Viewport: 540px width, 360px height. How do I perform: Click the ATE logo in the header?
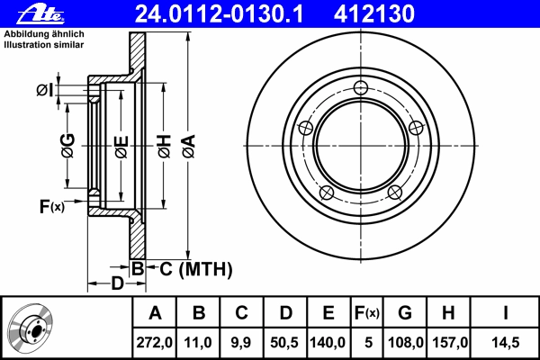[x=40, y=14]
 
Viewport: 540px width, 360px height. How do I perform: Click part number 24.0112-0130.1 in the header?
[x=219, y=14]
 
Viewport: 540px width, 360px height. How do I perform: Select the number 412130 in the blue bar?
[x=374, y=14]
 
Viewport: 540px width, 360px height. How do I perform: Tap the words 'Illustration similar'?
[x=44, y=45]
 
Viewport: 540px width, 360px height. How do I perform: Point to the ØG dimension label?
[x=68, y=146]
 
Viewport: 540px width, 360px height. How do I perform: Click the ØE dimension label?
[x=121, y=148]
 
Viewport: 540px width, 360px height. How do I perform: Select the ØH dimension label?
[x=165, y=146]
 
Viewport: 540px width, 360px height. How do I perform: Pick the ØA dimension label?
[x=189, y=146]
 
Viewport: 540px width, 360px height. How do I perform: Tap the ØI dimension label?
[x=45, y=91]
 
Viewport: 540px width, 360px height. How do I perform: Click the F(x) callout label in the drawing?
[x=51, y=206]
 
